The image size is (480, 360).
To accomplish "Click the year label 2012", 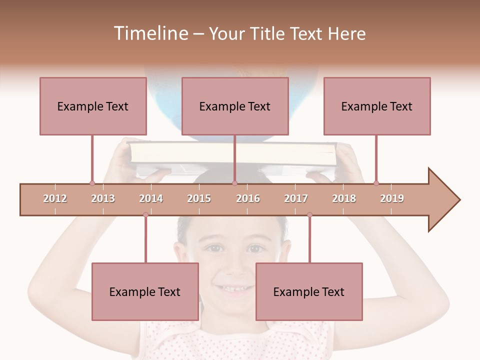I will point(55,198).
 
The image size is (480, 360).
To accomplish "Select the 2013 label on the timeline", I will point(103,198).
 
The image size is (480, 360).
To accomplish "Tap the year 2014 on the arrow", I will point(151,198).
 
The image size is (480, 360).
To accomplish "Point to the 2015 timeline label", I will point(199,198).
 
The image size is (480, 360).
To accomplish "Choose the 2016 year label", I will point(248,198).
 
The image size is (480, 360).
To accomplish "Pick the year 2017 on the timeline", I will point(296,198).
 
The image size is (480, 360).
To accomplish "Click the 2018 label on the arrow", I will point(344,198).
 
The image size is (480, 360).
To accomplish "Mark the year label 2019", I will point(392,198).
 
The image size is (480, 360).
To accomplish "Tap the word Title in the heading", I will point(269,33).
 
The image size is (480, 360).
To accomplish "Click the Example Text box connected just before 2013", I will point(93,106).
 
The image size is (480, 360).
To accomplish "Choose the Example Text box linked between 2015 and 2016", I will point(235,106).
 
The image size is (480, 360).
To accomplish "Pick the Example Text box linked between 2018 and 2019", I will point(377,106).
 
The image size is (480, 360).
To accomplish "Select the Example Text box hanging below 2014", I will point(145,291).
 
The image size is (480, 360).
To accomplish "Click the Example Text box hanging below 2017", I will point(309,291).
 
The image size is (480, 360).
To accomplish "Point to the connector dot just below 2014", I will point(145,214).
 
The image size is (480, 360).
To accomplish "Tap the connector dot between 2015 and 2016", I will point(234,183).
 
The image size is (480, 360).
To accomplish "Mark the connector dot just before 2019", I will point(376,183).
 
